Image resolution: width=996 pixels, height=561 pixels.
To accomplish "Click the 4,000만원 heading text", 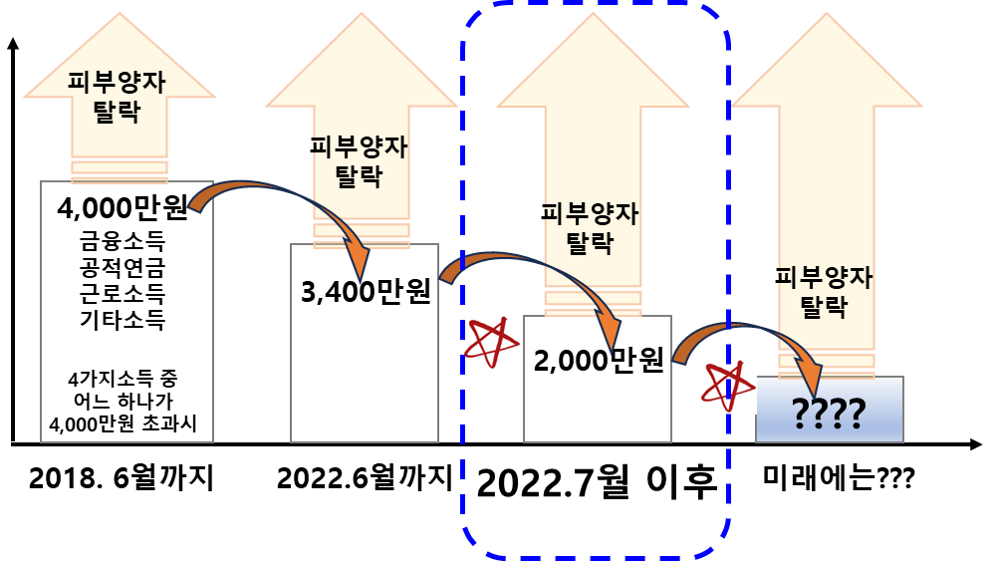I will pos(123,209).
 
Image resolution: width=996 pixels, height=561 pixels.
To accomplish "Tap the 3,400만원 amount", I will pos(365,292).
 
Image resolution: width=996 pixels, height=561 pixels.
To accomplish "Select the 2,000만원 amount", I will pos(598,361).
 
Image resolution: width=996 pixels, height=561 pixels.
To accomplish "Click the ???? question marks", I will pos(829,412).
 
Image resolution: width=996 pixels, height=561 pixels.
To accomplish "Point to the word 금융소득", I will pos(123,242).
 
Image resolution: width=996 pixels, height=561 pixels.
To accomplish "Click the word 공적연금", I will pos(123,268).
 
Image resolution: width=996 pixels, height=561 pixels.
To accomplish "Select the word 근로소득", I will pos(123,294).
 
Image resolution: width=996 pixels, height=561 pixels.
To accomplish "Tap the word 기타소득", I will pos(123,320).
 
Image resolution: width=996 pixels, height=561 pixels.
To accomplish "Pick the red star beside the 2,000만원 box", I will pos(492,342).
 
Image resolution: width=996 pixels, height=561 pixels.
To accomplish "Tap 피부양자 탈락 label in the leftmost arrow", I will pos(119,96).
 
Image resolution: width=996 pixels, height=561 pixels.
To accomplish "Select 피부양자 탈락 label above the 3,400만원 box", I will pos(361,161).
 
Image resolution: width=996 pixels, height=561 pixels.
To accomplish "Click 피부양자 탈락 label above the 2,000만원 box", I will pos(591,228).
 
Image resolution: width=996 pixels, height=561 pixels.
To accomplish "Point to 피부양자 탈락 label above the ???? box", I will pos(825,291).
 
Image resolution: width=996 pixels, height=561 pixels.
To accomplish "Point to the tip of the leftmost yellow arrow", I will pos(119,14).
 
